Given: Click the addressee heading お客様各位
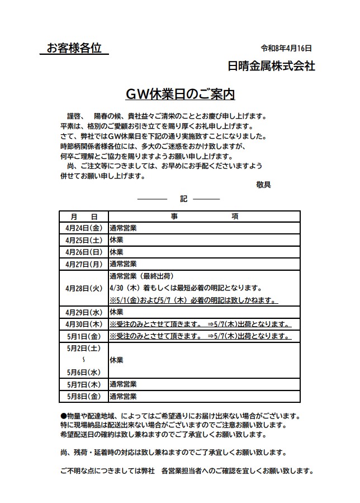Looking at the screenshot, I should (74, 49).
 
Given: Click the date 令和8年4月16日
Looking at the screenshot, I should (285, 49).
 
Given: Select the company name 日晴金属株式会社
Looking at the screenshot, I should (272, 66).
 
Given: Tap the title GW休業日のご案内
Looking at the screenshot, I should (180, 94).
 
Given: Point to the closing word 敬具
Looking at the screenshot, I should (263, 185).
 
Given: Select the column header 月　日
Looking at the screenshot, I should (84, 217).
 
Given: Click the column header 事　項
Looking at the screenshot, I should (204, 217).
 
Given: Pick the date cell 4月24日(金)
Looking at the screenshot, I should (84, 228).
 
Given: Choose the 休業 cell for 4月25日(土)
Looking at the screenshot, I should (117, 239).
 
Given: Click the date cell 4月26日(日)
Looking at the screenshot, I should (84, 251).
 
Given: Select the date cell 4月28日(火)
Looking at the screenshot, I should (84, 288).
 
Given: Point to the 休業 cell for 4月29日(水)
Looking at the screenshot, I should (117, 312).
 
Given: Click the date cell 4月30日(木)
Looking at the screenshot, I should (84, 324).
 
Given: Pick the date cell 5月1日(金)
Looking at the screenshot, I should (84, 336).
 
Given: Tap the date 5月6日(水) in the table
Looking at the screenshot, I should (84, 372).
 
